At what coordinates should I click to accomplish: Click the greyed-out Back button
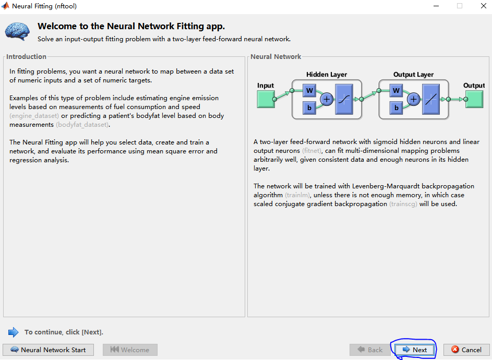(370, 350)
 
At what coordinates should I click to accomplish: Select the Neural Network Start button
(48, 350)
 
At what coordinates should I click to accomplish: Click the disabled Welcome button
(130, 350)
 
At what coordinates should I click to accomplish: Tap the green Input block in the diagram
(266, 99)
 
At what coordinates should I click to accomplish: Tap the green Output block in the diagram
(474, 99)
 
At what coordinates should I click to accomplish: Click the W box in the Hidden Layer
(309, 91)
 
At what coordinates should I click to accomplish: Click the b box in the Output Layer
(397, 108)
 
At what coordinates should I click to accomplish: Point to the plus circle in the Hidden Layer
(327, 99)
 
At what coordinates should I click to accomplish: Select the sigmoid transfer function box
(344, 99)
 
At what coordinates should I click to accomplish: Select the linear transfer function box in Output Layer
(431, 99)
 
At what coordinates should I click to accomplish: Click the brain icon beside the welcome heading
(18, 31)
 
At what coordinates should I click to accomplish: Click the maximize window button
(460, 6)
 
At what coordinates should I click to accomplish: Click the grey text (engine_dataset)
(34, 116)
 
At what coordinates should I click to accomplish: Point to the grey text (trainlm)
(297, 195)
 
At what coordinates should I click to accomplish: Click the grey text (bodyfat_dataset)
(82, 125)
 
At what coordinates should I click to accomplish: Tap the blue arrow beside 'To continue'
(14, 332)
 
